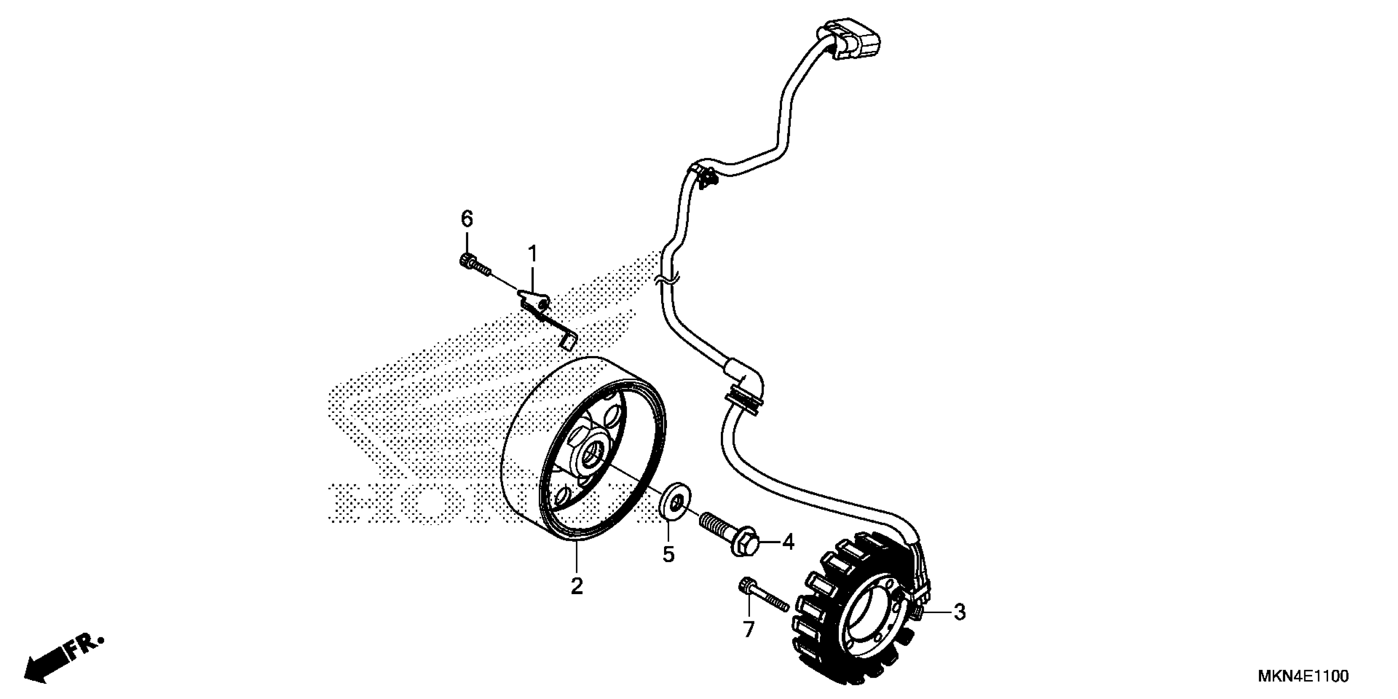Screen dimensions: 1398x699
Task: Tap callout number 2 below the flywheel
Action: click(576, 586)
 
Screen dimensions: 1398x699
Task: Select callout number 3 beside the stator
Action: click(960, 612)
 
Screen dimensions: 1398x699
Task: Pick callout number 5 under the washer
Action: click(668, 554)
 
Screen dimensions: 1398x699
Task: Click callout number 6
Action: click(467, 219)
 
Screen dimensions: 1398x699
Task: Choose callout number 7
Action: click(748, 630)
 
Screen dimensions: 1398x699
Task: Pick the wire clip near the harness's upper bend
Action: click(704, 176)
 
